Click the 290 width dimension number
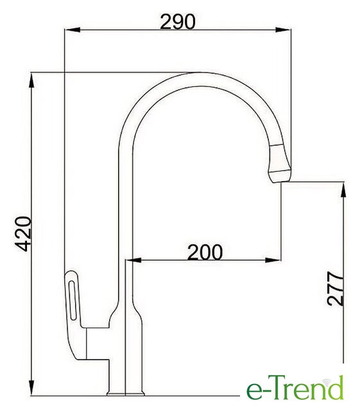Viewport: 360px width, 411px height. coord(178,21)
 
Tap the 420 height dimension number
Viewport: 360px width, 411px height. coord(23,234)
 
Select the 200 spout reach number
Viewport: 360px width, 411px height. coord(205,252)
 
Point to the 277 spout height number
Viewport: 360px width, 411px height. coord(335,288)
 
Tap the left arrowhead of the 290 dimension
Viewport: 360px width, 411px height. coord(72,30)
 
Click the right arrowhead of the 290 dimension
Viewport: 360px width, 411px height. coord(283,30)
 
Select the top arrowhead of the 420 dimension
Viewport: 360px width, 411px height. coord(31,80)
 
